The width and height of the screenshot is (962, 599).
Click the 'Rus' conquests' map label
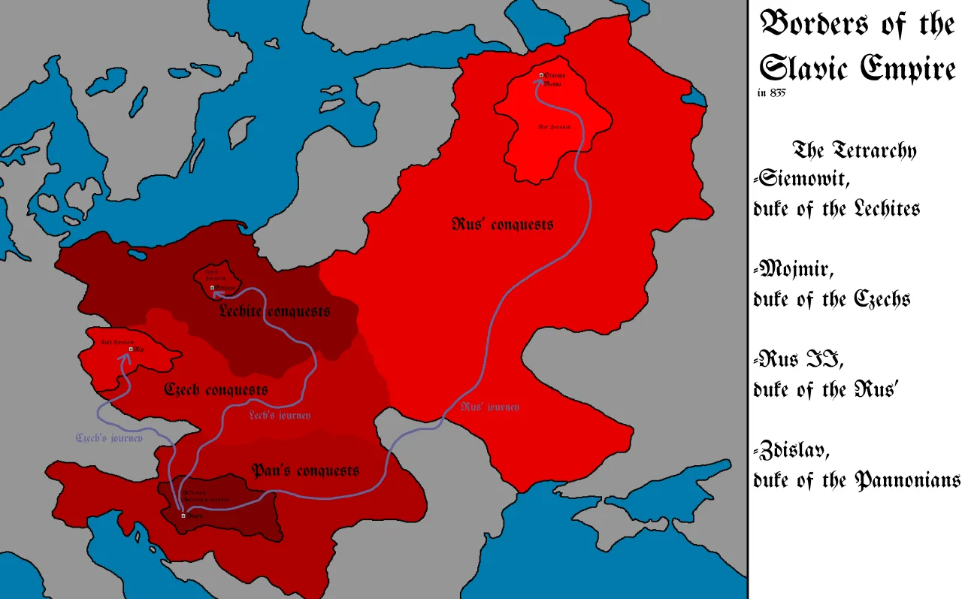503,224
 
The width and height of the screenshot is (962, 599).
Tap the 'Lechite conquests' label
274,311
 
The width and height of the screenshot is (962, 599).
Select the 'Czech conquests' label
216,391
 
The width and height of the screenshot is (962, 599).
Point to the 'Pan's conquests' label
305,471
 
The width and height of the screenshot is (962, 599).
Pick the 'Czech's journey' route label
109,437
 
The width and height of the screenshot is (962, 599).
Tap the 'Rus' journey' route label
490,407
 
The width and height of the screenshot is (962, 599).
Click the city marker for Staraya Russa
540,75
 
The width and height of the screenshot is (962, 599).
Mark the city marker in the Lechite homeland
213,288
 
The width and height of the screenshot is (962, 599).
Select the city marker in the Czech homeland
131,349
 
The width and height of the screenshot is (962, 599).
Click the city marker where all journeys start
183,515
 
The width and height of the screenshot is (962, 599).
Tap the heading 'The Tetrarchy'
855,150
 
